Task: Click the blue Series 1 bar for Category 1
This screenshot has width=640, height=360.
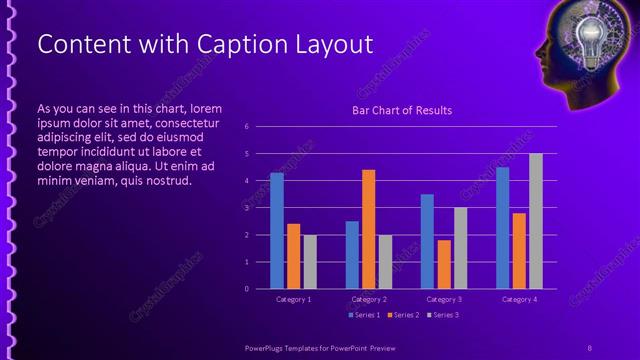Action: pos(277,231)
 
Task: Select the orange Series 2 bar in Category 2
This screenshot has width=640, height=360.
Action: pos(369,229)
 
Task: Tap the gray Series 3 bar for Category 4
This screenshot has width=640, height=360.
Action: pos(536,221)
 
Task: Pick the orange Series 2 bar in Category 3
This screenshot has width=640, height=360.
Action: pos(444,264)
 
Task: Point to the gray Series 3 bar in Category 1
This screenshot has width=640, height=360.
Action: pos(310,262)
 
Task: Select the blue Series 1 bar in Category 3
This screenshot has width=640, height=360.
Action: pos(427,241)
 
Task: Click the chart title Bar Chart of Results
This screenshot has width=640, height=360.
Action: pos(402,111)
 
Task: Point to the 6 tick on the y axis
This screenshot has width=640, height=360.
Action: pos(246,127)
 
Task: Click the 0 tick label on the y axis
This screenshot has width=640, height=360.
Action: pos(246,289)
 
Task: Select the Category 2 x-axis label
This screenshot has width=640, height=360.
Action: pos(369,299)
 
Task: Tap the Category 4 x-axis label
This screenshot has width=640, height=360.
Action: pos(519,299)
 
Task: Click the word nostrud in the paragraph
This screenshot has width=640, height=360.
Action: pos(166,181)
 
